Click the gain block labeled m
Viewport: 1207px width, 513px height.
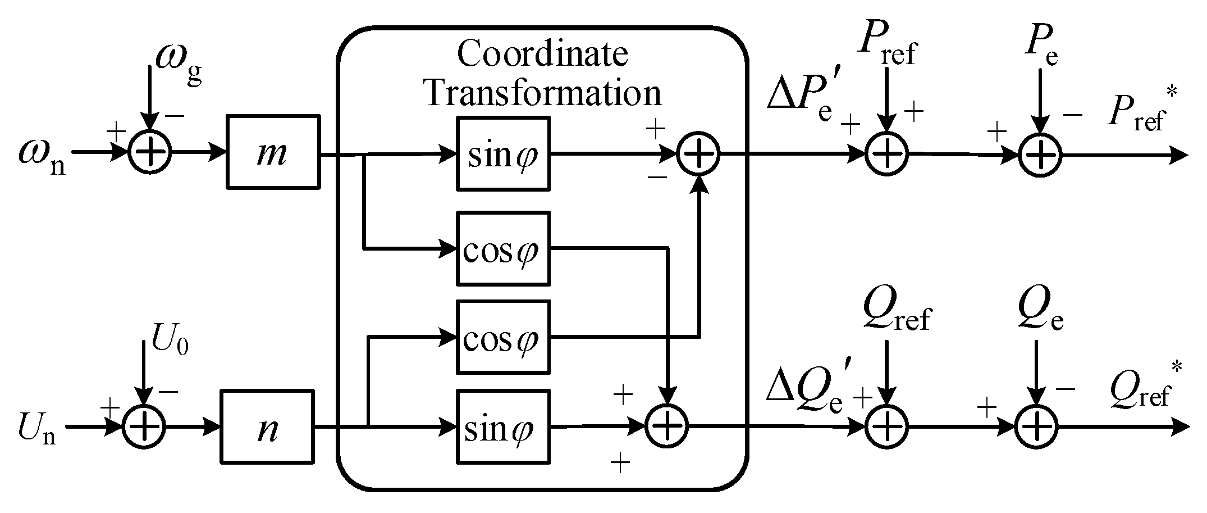point(273,152)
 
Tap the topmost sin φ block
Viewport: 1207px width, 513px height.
point(503,153)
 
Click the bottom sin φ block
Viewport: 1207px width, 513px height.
point(503,426)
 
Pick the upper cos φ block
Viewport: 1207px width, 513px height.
point(503,248)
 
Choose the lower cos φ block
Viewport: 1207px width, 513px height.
point(503,337)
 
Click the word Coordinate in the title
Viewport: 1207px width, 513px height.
point(542,55)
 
